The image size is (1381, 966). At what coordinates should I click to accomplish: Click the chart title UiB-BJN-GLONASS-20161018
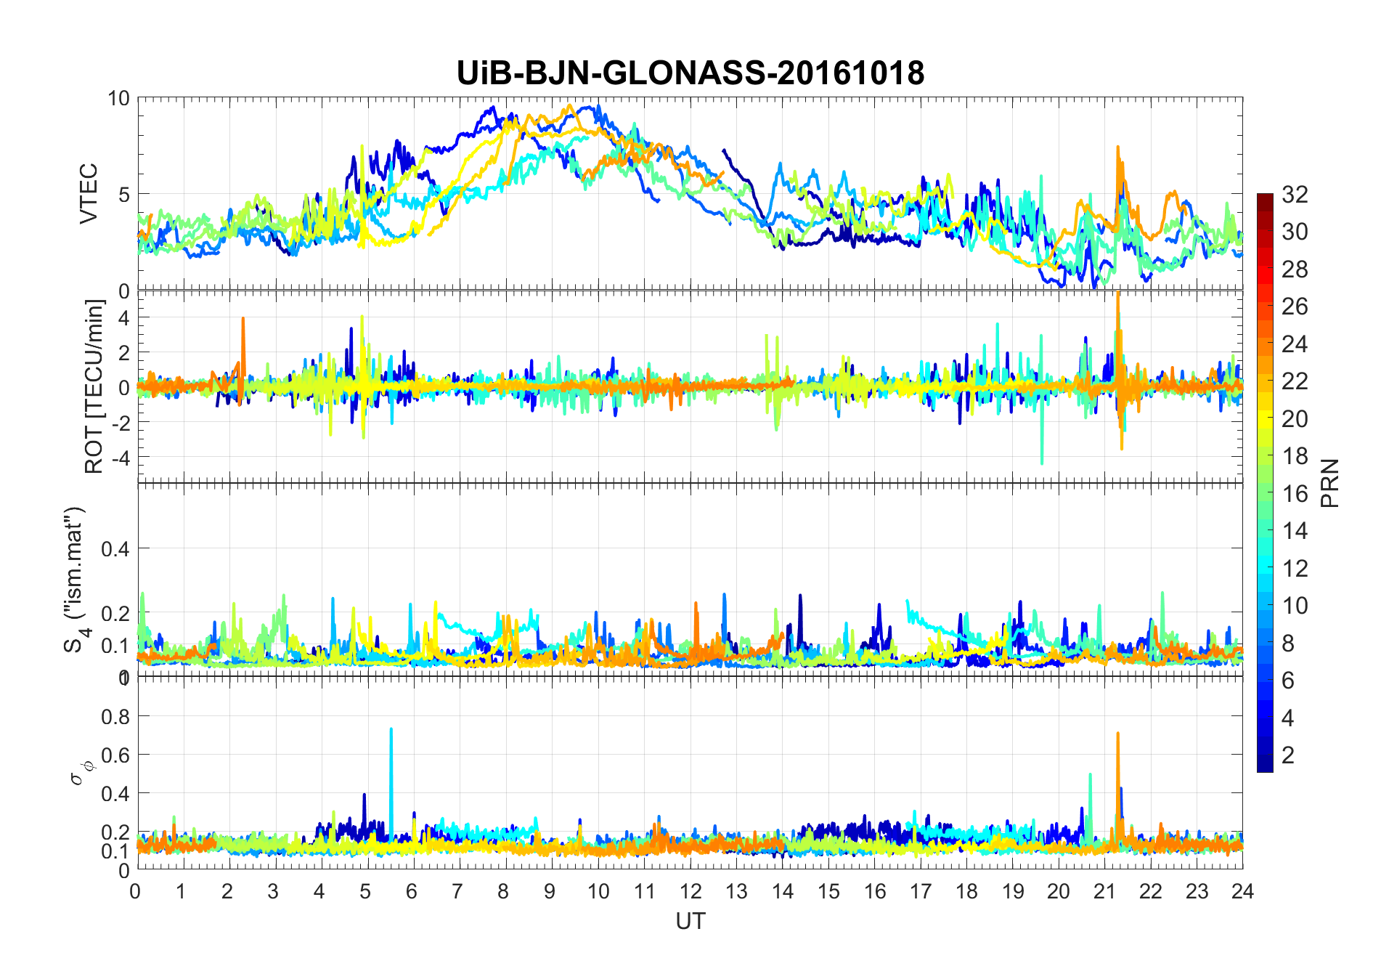coord(690,73)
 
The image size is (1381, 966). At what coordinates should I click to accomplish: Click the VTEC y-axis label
coord(89,194)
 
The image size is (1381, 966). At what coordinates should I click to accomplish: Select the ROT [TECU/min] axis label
coord(94,386)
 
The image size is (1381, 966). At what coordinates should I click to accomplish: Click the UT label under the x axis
coord(690,922)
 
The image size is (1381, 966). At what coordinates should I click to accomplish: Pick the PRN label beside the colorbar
coord(1330,483)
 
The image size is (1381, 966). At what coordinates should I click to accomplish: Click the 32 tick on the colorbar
coord(1295,194)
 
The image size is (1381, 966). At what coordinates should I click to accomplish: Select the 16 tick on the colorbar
coord(1295,494)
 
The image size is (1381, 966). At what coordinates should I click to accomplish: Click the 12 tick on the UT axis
coord(690,891)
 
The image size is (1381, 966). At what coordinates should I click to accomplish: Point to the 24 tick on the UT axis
coord(1242,891)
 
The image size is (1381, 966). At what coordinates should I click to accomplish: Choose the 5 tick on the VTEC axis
coord(123,195)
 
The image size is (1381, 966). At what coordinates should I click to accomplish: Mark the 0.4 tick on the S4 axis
coord(115,548)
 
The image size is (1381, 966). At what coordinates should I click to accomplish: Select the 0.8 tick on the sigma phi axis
coord(115,717)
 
